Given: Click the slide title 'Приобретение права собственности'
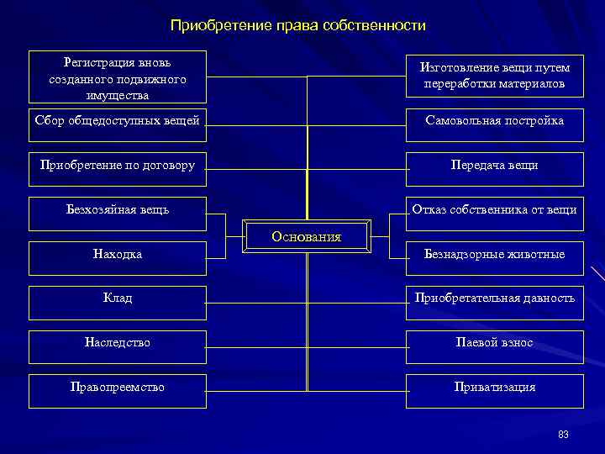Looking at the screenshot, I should coord(298,26).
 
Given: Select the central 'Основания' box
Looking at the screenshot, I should coord(306,236).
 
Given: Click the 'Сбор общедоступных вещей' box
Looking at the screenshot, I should coord(118,122).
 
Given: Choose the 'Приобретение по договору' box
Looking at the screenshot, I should coord(118,166).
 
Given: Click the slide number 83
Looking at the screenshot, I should coord(563,435).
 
